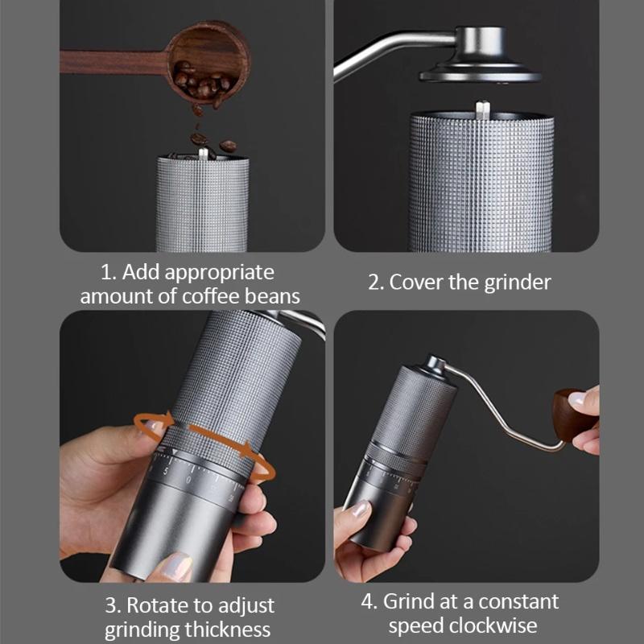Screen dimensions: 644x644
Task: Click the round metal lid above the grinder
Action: tap(481, 71)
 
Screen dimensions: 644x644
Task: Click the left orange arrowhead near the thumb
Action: tap(164, 419)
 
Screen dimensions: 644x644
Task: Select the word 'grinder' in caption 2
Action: tap(520, 283)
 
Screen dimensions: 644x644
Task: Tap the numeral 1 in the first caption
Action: tap(105, 272)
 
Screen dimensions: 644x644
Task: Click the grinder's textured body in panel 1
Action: tap(202, 205)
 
